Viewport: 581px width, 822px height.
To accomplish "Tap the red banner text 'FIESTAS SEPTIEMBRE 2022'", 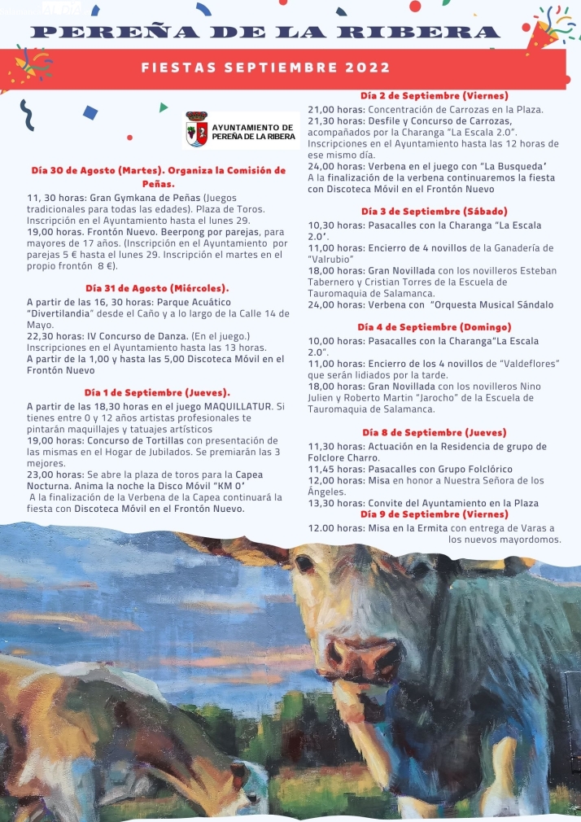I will point(266,68).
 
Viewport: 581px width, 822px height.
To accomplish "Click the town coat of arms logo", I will point(196,129).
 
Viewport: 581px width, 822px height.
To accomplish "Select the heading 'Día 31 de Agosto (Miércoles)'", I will point(157,288).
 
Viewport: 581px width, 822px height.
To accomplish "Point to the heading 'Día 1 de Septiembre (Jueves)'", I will point(157,392).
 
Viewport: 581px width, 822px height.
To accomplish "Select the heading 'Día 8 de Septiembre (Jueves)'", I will point(434,432).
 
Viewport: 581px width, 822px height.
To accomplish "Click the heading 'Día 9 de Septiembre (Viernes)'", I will point(434,514).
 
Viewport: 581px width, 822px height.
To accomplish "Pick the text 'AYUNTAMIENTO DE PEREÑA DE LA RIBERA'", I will point(252,132).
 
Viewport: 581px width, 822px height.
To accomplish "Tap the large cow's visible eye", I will point(305,563).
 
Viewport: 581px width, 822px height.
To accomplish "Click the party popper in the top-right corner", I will point(544,28).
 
